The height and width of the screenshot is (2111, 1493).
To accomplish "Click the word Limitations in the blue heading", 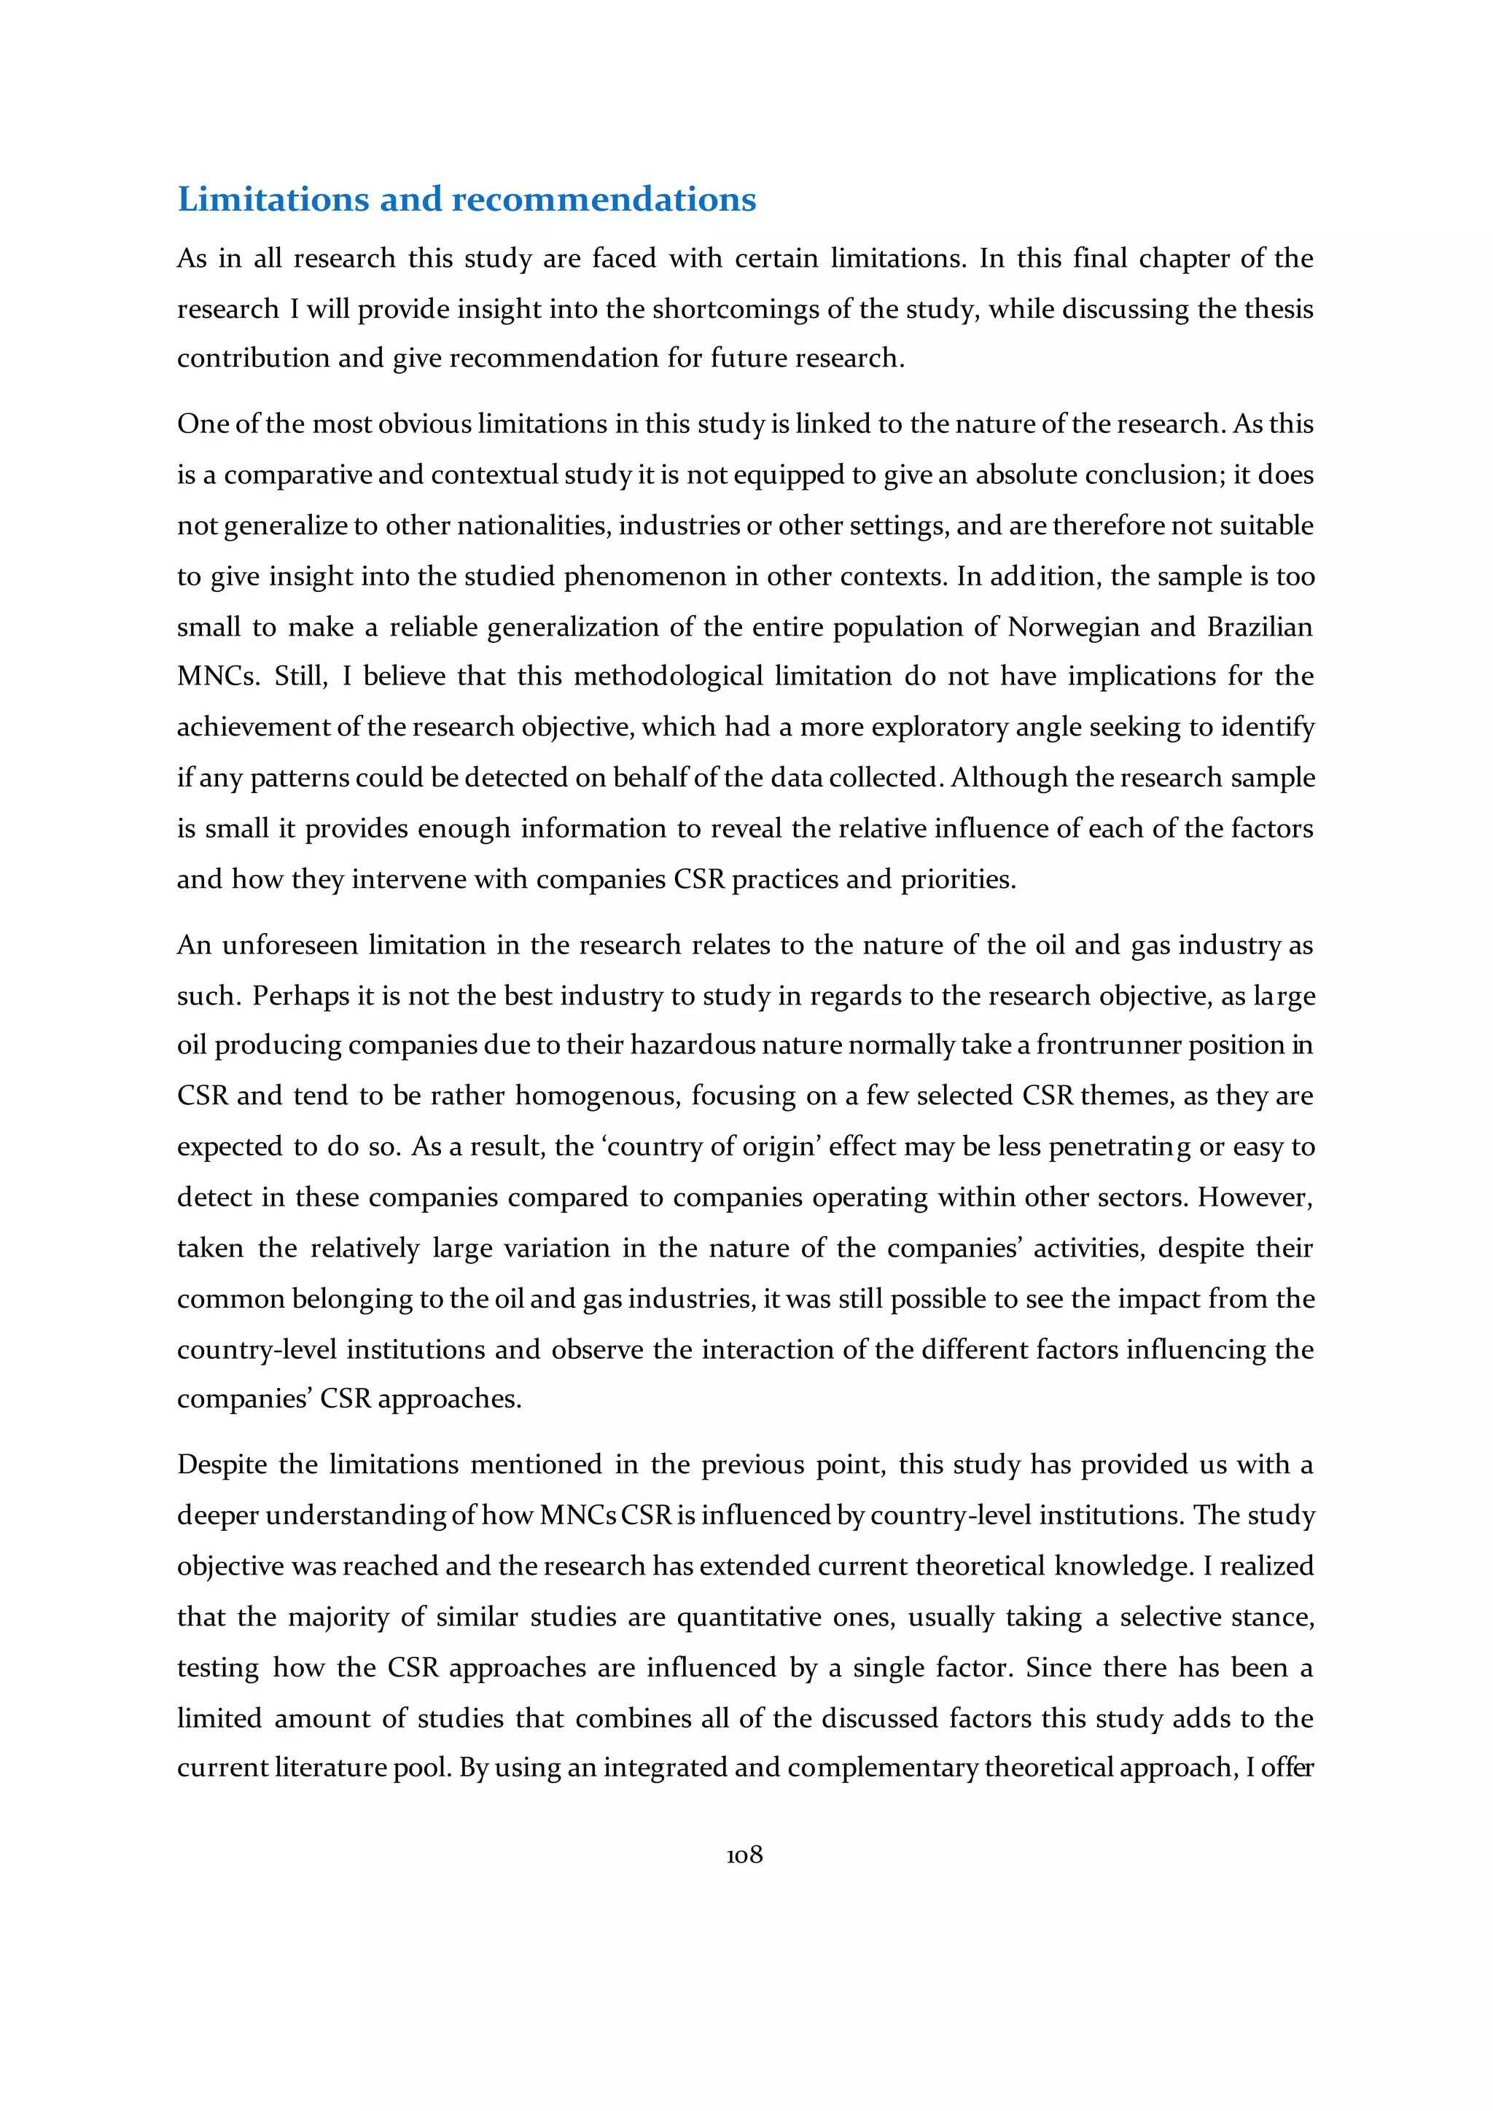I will pyautogui.click(x=273, y=200).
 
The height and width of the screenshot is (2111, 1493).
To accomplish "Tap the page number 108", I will pyautogui.click(x=744, y=1854).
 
